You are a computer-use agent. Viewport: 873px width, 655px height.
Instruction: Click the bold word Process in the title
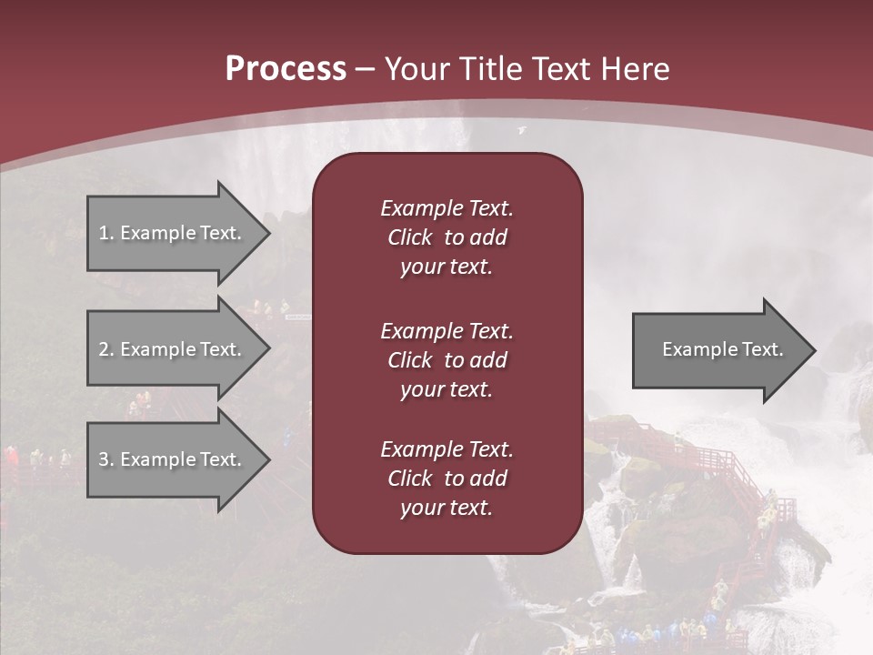point(286,68)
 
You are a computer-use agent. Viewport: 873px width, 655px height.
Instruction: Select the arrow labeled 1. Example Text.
point(173,233)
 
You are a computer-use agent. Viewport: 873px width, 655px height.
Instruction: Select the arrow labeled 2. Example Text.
point(173,349)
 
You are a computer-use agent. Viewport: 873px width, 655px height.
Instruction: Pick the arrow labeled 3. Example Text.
point(173,459)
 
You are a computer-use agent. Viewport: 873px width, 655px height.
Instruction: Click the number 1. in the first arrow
point(106,233)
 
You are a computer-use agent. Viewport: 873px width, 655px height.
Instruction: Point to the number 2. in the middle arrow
point(106,349)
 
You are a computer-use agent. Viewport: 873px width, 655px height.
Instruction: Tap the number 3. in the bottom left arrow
point(106,459)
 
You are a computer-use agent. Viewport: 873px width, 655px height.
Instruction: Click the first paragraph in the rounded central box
point(447,237)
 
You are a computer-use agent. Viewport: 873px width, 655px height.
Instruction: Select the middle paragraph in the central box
point(447,360)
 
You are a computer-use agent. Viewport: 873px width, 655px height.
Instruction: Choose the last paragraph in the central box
point(447,479)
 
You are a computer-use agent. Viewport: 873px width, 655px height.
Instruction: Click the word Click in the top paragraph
point(410,237)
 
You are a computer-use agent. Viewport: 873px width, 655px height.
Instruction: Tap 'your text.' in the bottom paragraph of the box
point(447,509)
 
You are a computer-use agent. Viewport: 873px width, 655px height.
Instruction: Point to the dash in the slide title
point(365,69)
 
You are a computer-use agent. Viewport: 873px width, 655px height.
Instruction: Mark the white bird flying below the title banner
point(522,131)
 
